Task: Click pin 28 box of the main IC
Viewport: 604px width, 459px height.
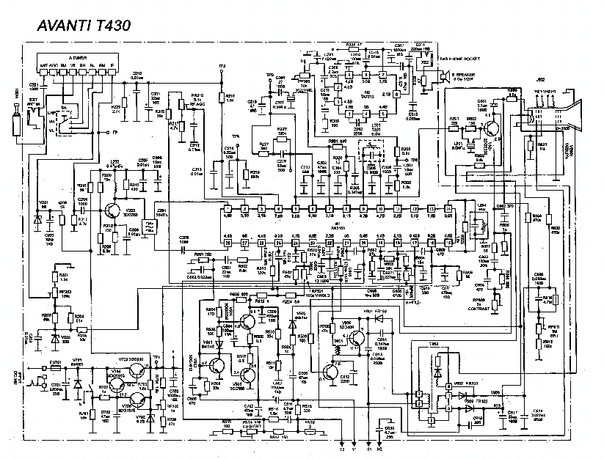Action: click(x=228, y=243)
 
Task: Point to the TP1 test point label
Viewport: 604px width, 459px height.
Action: click(x=156, y=356)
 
